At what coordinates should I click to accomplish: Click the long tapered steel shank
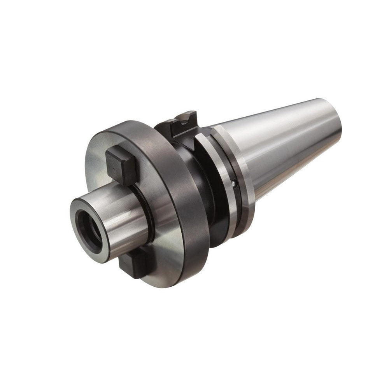(288, 144)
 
